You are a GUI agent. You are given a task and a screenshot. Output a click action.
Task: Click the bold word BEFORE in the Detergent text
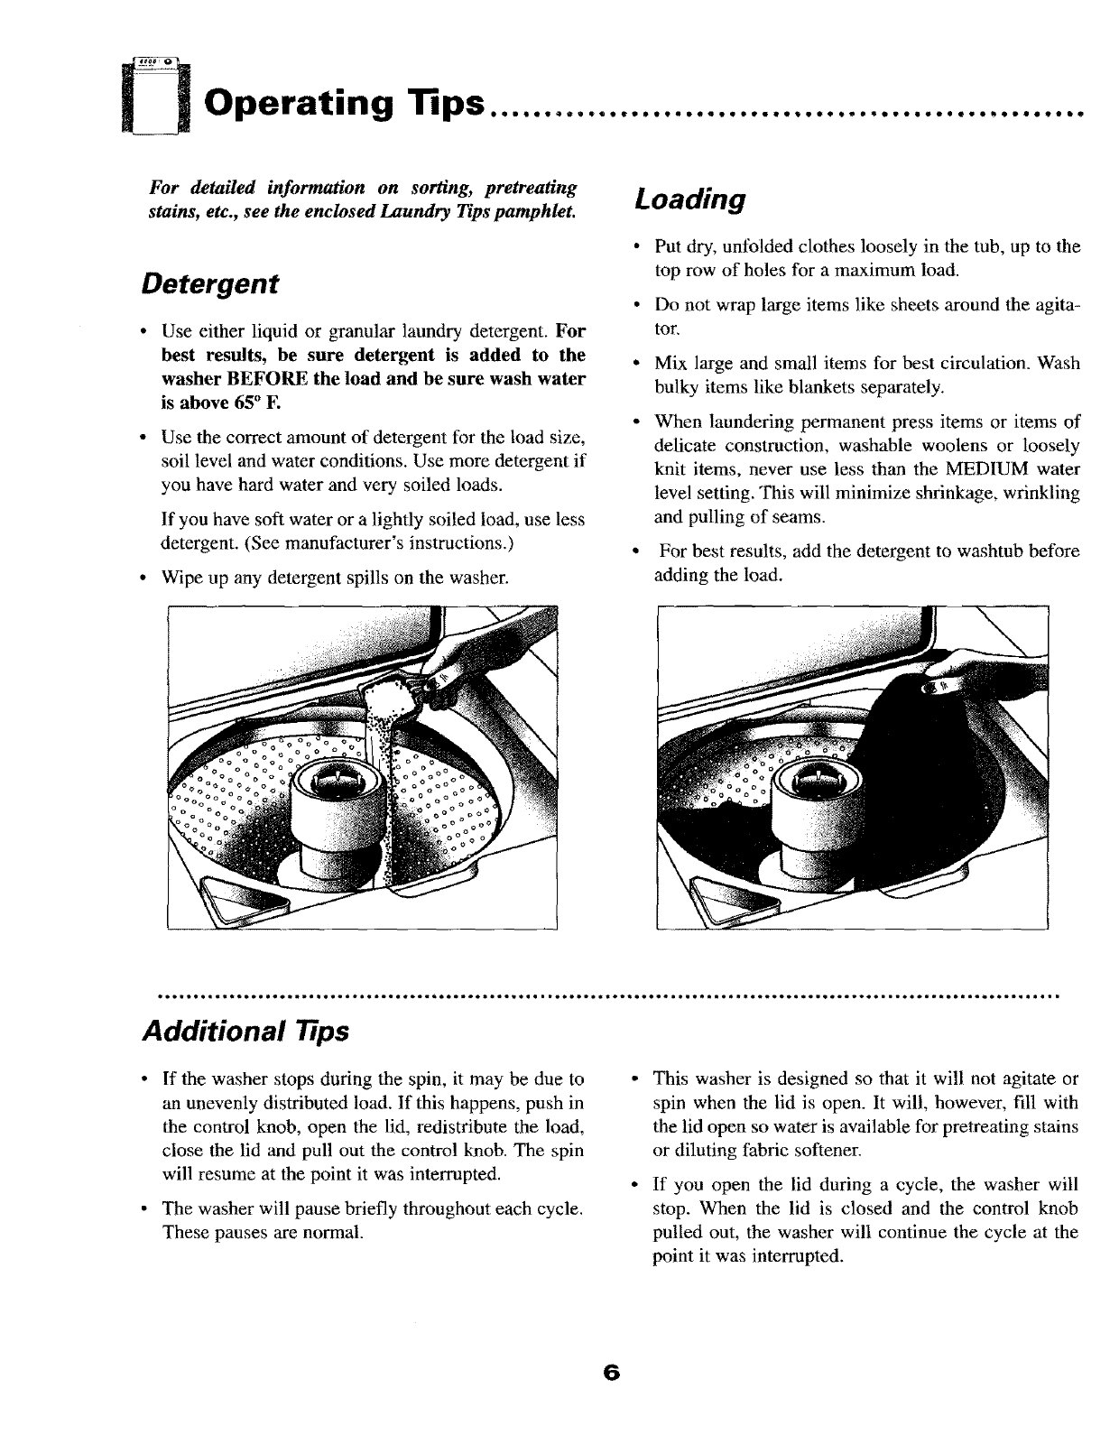click(264, 378)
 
